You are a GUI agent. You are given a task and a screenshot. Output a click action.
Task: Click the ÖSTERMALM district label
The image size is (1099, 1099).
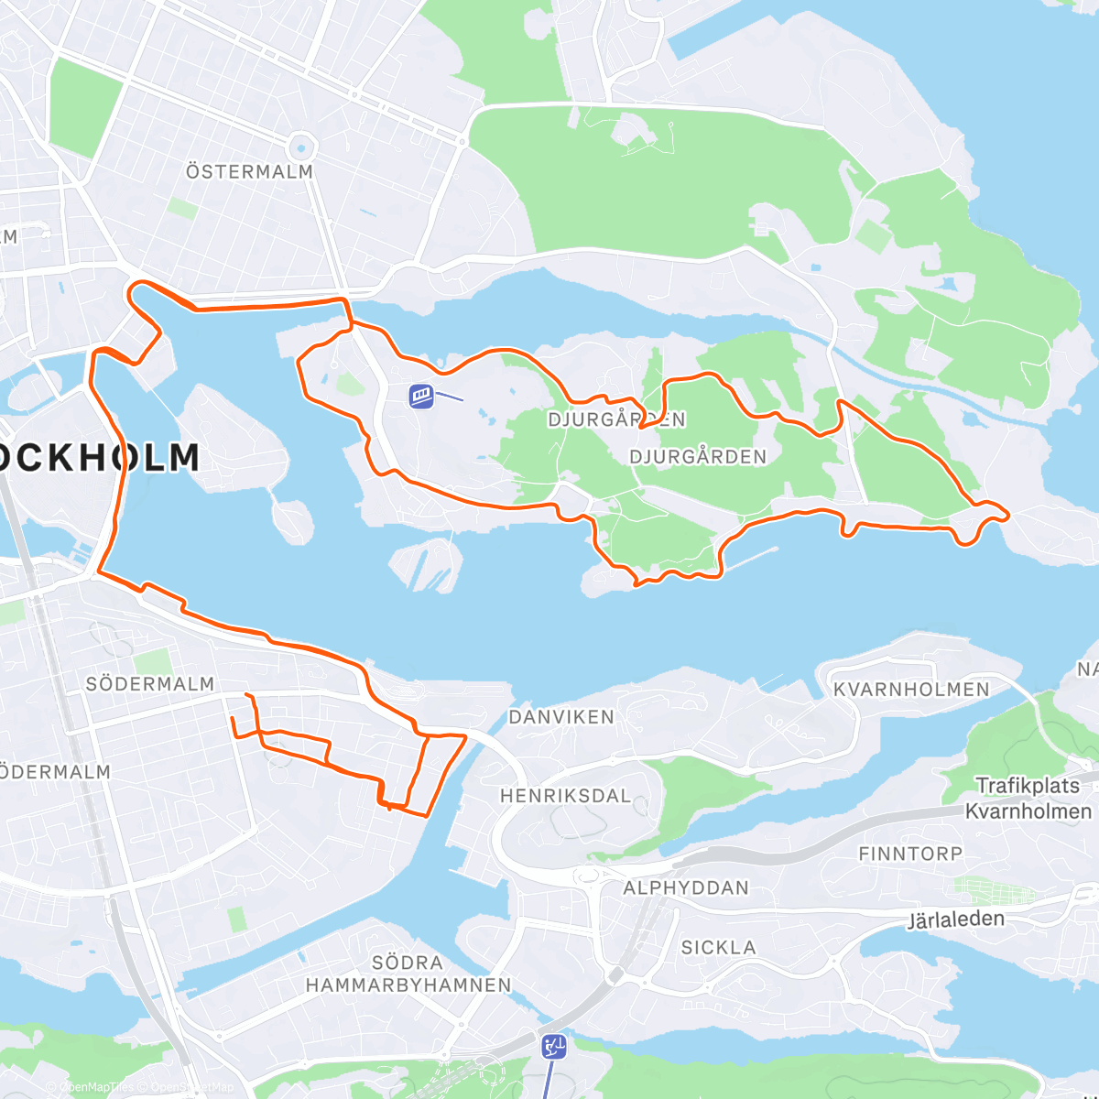click(x=249, y=172)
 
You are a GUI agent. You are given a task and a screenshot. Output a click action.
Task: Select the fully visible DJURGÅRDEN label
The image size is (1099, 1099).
click(x=698, y=457)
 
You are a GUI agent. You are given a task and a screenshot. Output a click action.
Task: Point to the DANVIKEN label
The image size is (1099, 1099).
click(x=561, y=717)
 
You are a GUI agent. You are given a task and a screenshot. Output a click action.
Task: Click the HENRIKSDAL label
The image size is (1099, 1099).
click(x=565, y=796)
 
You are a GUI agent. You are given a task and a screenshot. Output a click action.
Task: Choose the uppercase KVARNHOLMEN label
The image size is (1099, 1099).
click(x=911, y=690)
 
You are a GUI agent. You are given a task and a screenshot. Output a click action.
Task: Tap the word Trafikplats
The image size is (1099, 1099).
click(x=1027, y=786)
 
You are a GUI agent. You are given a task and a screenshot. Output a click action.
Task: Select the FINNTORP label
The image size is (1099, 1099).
click(x=910, y=854)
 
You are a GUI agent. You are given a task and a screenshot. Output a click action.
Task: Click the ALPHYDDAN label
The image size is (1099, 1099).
click(x=686, y=887)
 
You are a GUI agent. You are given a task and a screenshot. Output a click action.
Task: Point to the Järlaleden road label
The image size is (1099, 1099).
click(x=955, y=919)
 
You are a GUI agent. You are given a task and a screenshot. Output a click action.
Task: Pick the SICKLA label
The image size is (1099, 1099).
click(x=718, y=948)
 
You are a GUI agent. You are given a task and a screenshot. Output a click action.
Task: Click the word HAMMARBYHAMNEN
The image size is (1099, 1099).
click(x=408, y=985)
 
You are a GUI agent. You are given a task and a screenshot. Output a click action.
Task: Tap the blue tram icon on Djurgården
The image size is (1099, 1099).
click(x=421, y=396)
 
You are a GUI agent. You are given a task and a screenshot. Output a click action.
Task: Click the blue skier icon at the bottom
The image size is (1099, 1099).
click(x=553, y=1046)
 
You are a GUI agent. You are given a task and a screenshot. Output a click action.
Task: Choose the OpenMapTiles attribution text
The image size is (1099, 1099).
click(x=95, y=1088)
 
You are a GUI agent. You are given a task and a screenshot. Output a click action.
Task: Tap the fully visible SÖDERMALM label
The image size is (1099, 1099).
click(x=150, y=684)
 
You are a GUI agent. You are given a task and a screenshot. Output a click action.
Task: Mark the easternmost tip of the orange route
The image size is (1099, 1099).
click(x=1007, y=517)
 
